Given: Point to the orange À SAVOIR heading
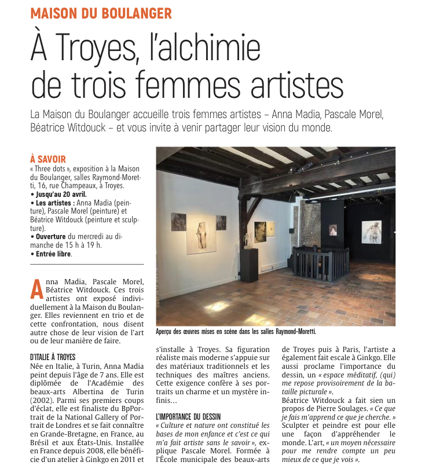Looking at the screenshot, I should click(47, 159).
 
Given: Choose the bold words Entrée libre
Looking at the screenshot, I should click(52, 254).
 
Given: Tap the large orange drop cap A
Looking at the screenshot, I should click(36, 289).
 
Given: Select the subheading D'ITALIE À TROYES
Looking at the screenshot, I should click(53, 357).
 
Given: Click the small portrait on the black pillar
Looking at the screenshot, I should click(332, 230).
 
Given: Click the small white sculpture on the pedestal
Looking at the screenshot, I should click(248, 239).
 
